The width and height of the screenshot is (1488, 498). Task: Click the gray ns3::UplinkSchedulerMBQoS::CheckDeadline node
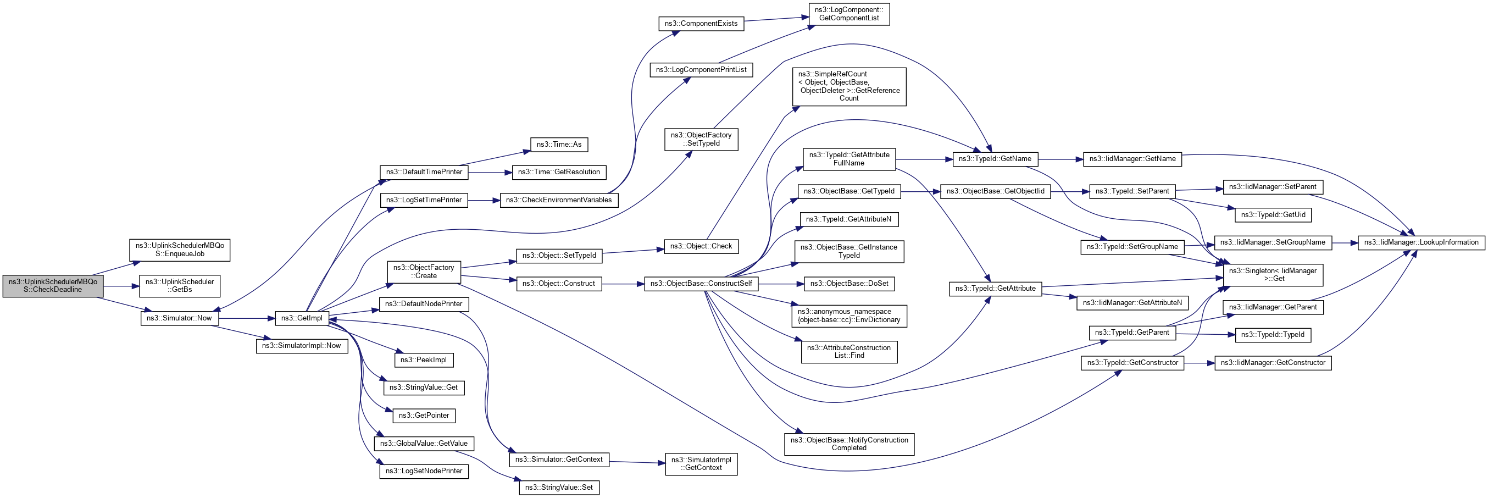click(x=53, y=286)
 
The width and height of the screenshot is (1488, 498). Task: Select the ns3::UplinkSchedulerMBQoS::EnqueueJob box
click(x=180, y=250)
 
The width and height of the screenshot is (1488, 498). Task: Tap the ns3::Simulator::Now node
click(x=179, y=318)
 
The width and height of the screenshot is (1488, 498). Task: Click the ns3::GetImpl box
click(x=302, y=318)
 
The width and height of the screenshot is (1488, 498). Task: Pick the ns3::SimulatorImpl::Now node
click(x=302, y=346)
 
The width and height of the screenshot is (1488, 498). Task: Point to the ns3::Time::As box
click(x=559, y=145)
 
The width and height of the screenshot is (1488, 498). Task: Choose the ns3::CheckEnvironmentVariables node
click(x=559, y=201)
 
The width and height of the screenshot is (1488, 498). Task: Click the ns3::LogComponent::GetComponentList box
click(x=848, y=14)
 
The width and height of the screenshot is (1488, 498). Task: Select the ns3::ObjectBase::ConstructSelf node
click(x=701, y=284)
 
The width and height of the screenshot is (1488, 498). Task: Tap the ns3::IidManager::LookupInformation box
click(x=1421, y=242)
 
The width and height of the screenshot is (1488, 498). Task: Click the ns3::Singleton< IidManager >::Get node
click(x=1273, y=274)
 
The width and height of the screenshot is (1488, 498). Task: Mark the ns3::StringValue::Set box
click(x=559, y=488)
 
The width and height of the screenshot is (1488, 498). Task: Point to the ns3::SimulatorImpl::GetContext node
click(x=701, y=464)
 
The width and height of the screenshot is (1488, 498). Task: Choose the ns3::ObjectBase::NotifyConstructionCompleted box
click(x=848, y=444)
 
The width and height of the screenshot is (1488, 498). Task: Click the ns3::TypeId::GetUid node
click(x=1273, y=215)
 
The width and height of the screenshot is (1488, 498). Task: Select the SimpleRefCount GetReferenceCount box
click(x=848, y=86)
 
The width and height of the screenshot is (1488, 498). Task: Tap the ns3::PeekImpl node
click(x=424, y=360)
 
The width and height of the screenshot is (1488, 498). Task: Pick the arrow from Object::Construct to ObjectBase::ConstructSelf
click(x=623, y=284)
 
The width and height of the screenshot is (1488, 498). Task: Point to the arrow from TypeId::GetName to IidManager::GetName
click(x=1061, y=159)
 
